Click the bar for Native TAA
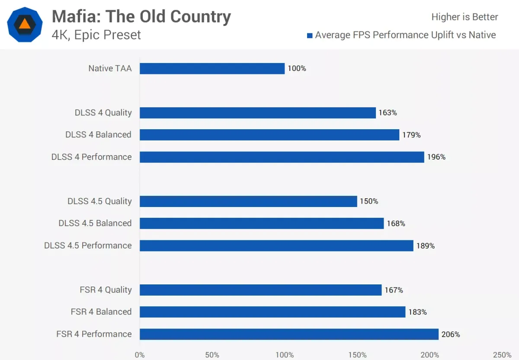tap(212, 68)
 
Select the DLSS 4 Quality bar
tap(257, 113)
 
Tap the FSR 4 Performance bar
tap(289, 334)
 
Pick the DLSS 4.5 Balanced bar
tap(262, 223)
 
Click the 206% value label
tap(451, 335)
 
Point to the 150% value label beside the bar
tap(369, 201)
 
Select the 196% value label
tap(436, 157)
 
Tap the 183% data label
tap(417, 312)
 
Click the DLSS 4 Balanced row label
tap(98, 135)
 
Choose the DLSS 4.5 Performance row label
tap(88, 245)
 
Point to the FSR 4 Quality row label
tap(106, 290)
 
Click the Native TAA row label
tap(110, 68)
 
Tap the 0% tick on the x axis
tap(140, 355)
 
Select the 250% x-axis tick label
tap(502, 355)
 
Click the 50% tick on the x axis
tap(212, 355)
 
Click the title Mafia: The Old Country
tap(141, 17)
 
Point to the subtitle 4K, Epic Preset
tap(96, 35)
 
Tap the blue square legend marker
tap(309, 35)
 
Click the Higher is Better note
tap(465, 17)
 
